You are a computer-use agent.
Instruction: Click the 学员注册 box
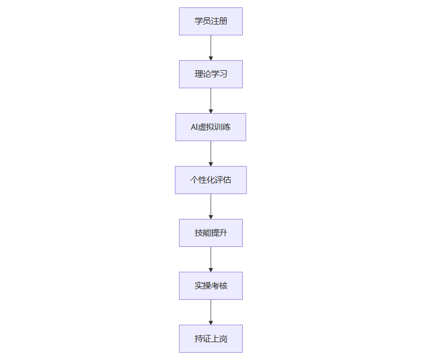coord(210,21)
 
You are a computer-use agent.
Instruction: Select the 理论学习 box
coord(210,74)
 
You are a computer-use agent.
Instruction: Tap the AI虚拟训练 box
coord(210,127)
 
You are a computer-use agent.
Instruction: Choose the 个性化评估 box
coord(210,180)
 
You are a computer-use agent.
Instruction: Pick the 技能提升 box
coord(210,233)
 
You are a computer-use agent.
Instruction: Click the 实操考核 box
coord(210,286)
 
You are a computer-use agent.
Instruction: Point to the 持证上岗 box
coord(210,339)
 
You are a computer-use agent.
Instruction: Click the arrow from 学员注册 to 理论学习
coord(211,47)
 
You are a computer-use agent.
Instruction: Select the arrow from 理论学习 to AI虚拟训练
coord(211,100)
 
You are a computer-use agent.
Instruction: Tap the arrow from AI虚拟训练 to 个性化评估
coord(211,153)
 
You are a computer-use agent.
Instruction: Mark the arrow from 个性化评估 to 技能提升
coord(211,206)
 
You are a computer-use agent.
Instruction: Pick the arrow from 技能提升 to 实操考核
coord(211,259)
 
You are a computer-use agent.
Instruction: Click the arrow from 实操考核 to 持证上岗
coord(211,312)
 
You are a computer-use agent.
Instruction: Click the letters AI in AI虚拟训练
coord(195,127)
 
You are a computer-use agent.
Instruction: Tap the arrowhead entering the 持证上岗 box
coord(211,322)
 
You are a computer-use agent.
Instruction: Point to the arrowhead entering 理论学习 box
coord(211,57)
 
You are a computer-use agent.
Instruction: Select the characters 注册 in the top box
coord(219,21)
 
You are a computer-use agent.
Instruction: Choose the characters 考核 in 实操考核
coord(219,286)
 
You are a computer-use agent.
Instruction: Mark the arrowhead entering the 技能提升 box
coord(211,216)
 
